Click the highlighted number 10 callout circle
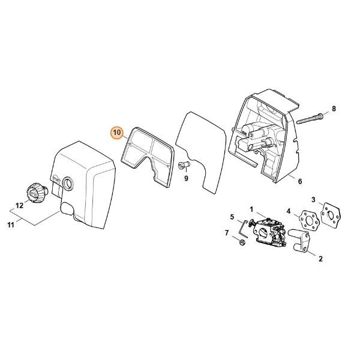[117, 133]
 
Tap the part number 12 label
[20, 205]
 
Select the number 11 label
[11, 225]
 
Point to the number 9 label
[186, 178]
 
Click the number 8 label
[334, 109]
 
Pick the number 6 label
[300, 181]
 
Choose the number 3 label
[313, 200]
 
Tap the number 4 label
[289, 211]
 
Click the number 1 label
[251, 209]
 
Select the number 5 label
[232, 217]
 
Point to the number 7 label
[227, 233]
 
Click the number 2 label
[320, 259]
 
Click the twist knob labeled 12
[37, 193]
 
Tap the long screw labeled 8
[310, 119]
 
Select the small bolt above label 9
[184, 165]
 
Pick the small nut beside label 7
[242, 242]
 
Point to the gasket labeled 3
[331, 215]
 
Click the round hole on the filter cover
[68, 184]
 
